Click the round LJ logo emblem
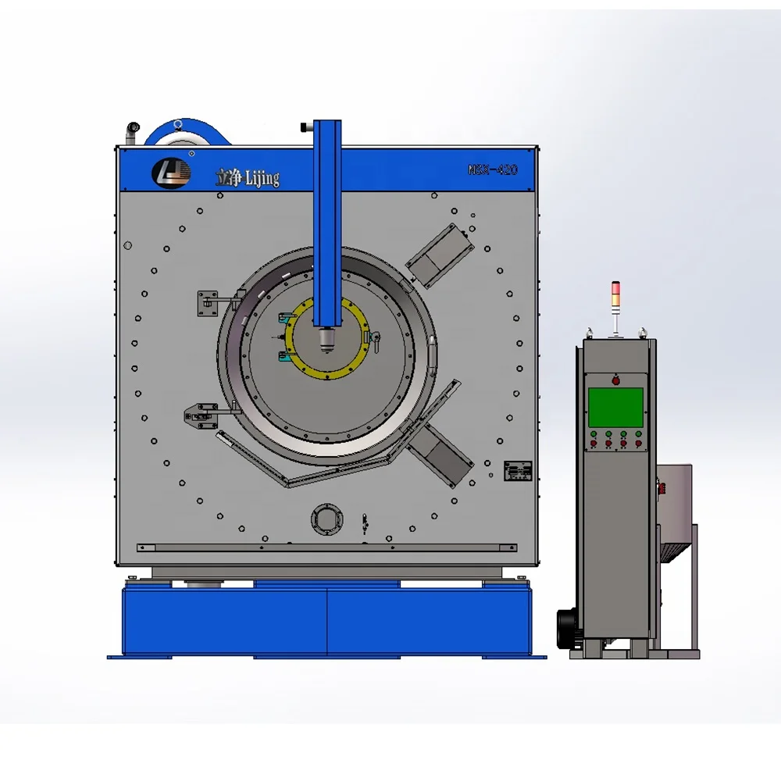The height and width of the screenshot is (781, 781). (171, 173)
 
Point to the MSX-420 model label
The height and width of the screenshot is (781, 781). (492, 169)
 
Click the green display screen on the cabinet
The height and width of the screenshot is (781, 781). (615, 407)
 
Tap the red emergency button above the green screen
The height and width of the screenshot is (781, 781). (615, 380)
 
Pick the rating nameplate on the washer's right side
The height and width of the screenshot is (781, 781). (517, 470)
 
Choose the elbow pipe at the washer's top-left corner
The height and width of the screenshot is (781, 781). (132, 128)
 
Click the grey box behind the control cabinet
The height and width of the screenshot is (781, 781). (674, 496)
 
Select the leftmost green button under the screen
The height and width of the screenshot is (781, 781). (594, 433)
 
